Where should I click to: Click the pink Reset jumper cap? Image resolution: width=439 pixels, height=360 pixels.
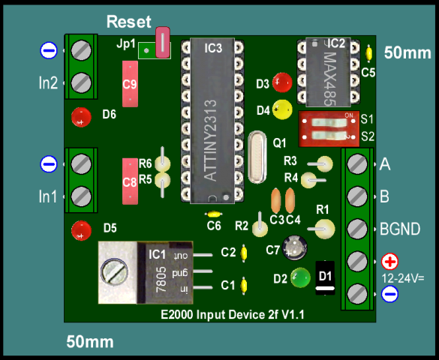(163, 43)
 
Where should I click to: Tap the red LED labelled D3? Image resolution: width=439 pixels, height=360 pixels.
(282, 82)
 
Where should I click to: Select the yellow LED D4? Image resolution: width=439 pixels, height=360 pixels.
(282, 109)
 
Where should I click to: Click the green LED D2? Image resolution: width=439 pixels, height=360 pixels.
(300, 277)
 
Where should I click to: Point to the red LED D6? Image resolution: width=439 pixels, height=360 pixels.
(81, 117)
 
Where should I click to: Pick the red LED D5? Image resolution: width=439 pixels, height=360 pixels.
(81, 231)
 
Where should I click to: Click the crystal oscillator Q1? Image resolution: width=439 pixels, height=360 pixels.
(257, 157)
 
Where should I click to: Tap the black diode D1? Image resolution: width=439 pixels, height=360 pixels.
(325, 277)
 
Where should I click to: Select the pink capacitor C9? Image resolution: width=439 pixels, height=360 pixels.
(130, 84)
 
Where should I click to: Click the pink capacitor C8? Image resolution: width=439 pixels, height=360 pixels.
(130, 181)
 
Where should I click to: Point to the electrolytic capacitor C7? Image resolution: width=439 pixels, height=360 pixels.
(294, 247)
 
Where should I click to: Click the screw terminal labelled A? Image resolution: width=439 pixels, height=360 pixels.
(357, 164)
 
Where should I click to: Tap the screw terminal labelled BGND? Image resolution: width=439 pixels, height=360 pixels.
(357, 229)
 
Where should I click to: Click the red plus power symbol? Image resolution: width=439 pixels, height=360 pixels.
(389, 262)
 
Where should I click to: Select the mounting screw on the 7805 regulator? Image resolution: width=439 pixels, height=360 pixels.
(114, 272)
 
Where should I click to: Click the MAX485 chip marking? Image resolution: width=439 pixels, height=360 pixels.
(329, 79)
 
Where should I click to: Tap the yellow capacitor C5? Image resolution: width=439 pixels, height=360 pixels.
(369, 53)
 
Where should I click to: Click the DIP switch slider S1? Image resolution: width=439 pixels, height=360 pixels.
(329, 122)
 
